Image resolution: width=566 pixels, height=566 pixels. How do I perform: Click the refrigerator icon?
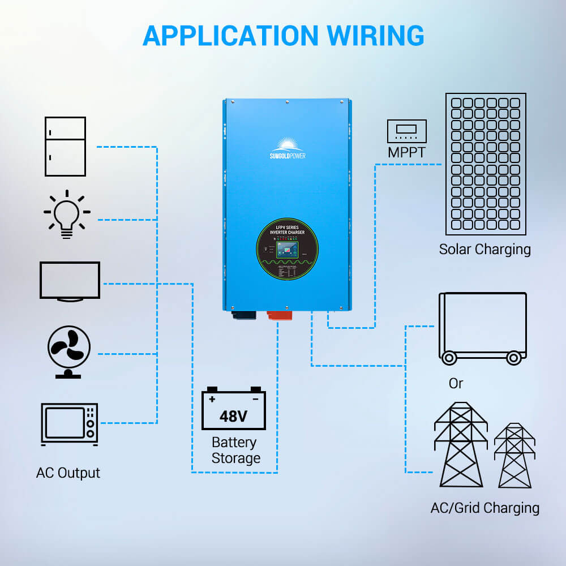pyautogui.click(x=65, y=147)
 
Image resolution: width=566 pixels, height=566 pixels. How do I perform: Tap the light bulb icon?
pyautogui.click(x=67, y=215)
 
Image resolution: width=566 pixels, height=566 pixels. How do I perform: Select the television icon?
pyautogui.click(x=70, y=281)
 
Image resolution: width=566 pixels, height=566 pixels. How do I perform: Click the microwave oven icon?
pyautogui.click(x=69, y=423)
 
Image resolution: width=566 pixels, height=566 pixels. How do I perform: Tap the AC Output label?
pyautogui.click(x=68, y=473)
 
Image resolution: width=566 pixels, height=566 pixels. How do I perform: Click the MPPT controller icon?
pyautogui.click(x=406, y=131)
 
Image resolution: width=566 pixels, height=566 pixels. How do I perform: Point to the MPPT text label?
pyautogui.click(x=406, y=152)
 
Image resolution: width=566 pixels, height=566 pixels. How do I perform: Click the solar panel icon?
pyautogui.click(x=486, y=164)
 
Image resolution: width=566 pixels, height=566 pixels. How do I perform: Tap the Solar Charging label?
pyautogui.click(x=485, y=250)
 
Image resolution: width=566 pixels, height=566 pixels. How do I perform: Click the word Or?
pyautogui.click(x=456, y=384)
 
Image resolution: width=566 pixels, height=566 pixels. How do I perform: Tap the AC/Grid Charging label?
pyautogui.click(x=485, y=508)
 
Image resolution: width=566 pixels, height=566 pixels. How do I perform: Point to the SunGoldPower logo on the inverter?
pyautogui.click(x=287, y=148)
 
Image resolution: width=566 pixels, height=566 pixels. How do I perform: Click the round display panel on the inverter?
pyautogui.click(x=287, y=250)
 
